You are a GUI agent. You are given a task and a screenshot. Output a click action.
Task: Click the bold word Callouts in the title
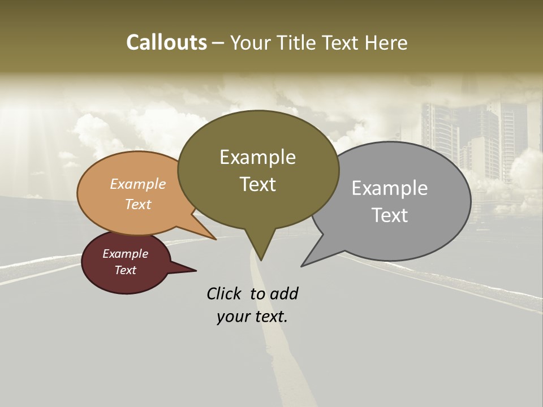pos(167,42)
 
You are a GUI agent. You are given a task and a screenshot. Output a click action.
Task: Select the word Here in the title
pos(385,43)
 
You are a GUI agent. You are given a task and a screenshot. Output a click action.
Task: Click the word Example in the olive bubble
pos(257,157)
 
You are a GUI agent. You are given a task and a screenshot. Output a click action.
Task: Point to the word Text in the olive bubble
pos(257,184)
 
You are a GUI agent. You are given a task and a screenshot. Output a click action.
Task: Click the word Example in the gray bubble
pos(390,188)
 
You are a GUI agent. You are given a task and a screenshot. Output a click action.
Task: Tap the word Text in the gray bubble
pos(390,215)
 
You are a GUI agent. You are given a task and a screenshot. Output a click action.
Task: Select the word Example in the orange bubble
pos(138,184)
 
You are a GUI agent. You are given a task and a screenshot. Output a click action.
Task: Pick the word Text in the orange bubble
pos(138,204)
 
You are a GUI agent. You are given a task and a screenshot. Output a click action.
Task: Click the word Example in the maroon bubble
pos(126,254)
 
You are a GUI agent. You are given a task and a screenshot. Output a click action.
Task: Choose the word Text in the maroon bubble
pos(126,270)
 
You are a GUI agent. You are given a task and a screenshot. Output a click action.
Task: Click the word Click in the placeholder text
pos(224,293)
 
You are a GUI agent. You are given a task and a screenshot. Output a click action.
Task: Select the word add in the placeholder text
pos(284,293)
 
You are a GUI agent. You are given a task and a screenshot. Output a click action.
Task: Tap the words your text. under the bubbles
pos(252,317)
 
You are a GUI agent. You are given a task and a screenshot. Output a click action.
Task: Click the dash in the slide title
pos(219,43)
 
